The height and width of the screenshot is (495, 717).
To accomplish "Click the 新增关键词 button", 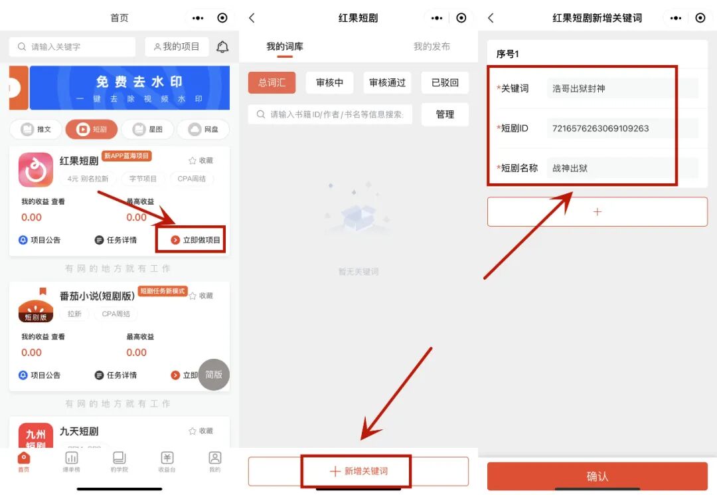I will tap(358, 471).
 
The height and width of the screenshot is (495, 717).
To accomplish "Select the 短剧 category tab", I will tap(92, 129).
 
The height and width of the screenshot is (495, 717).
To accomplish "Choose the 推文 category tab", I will tap(37, 129).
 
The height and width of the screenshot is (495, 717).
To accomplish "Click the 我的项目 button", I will tap(177, 47).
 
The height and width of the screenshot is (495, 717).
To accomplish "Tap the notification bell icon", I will tap(223, 47).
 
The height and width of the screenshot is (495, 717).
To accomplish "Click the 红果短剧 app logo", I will tap(36, 169).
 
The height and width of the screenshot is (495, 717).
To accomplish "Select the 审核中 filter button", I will tap(329, 82).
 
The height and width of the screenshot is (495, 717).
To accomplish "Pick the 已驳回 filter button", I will tap(445, 82).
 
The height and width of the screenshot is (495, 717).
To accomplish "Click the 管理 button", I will tap(445, 114).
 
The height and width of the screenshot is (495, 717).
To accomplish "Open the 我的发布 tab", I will tap(432, 47).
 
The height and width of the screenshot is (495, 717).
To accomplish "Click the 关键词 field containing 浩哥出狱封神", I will tap(622, 88).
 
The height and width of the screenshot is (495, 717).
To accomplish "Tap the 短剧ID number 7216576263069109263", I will tap(622, 128).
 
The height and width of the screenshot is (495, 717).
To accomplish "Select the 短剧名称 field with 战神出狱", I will tap(622, 168).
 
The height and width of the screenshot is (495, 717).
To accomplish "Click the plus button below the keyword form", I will tap(597, 212).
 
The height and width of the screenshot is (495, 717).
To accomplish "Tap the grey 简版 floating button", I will tap(214, 375).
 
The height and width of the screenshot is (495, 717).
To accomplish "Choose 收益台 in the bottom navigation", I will tap(167, 461).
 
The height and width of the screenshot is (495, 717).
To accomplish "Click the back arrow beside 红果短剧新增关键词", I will tap(491, 18).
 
